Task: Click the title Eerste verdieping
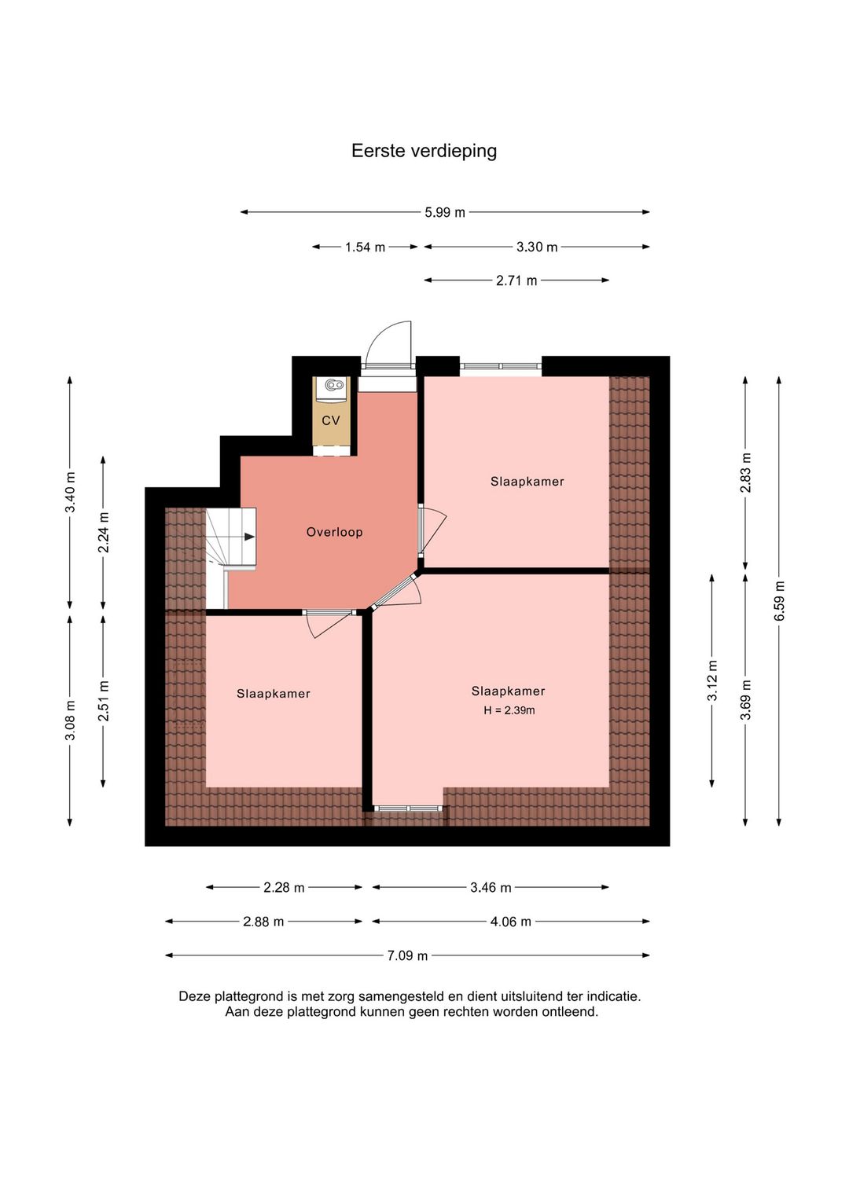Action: (x=424, y=151)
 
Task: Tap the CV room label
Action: (x=330, y=420)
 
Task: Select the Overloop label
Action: (x=334, y=532)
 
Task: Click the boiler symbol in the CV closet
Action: (x=335, y=385)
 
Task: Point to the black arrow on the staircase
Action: (x=250, y=537)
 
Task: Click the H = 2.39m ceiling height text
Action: (x=509, y=710)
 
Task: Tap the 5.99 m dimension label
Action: (x=445, y=212)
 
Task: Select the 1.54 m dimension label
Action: (x=365, y=247)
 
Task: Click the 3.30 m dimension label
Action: (x=537, y=247)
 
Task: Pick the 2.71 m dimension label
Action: (x=516, y=280)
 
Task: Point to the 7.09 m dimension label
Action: (x=407, y=955)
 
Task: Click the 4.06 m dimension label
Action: (x=510, y=922)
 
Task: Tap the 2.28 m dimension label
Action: (x=284, y=888)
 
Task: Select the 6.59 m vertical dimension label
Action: (x=779, y=600)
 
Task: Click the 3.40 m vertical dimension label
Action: (x=70, y=493)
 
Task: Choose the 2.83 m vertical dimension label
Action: (x=745, y=473)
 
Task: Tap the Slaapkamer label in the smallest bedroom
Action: (x=274, y=694)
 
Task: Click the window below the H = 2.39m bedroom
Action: (x=408, y=808)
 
